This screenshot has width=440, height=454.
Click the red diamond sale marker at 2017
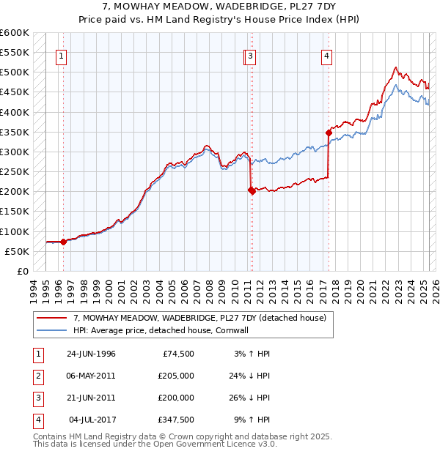click(329, 133)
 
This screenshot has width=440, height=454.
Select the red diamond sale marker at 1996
click(63, 241)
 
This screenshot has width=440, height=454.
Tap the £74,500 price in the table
click(177, 354)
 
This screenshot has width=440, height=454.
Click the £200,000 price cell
click(177, 398)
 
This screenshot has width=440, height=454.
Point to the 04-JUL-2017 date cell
click(93, 420)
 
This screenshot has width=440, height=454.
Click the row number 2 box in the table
click(37, 376)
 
